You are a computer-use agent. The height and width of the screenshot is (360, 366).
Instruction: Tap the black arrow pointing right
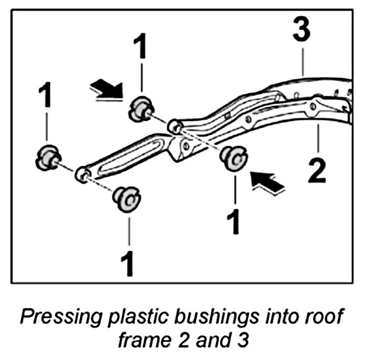tap(106, 90)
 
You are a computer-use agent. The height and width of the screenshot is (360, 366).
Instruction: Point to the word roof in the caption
tap(327, 318)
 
